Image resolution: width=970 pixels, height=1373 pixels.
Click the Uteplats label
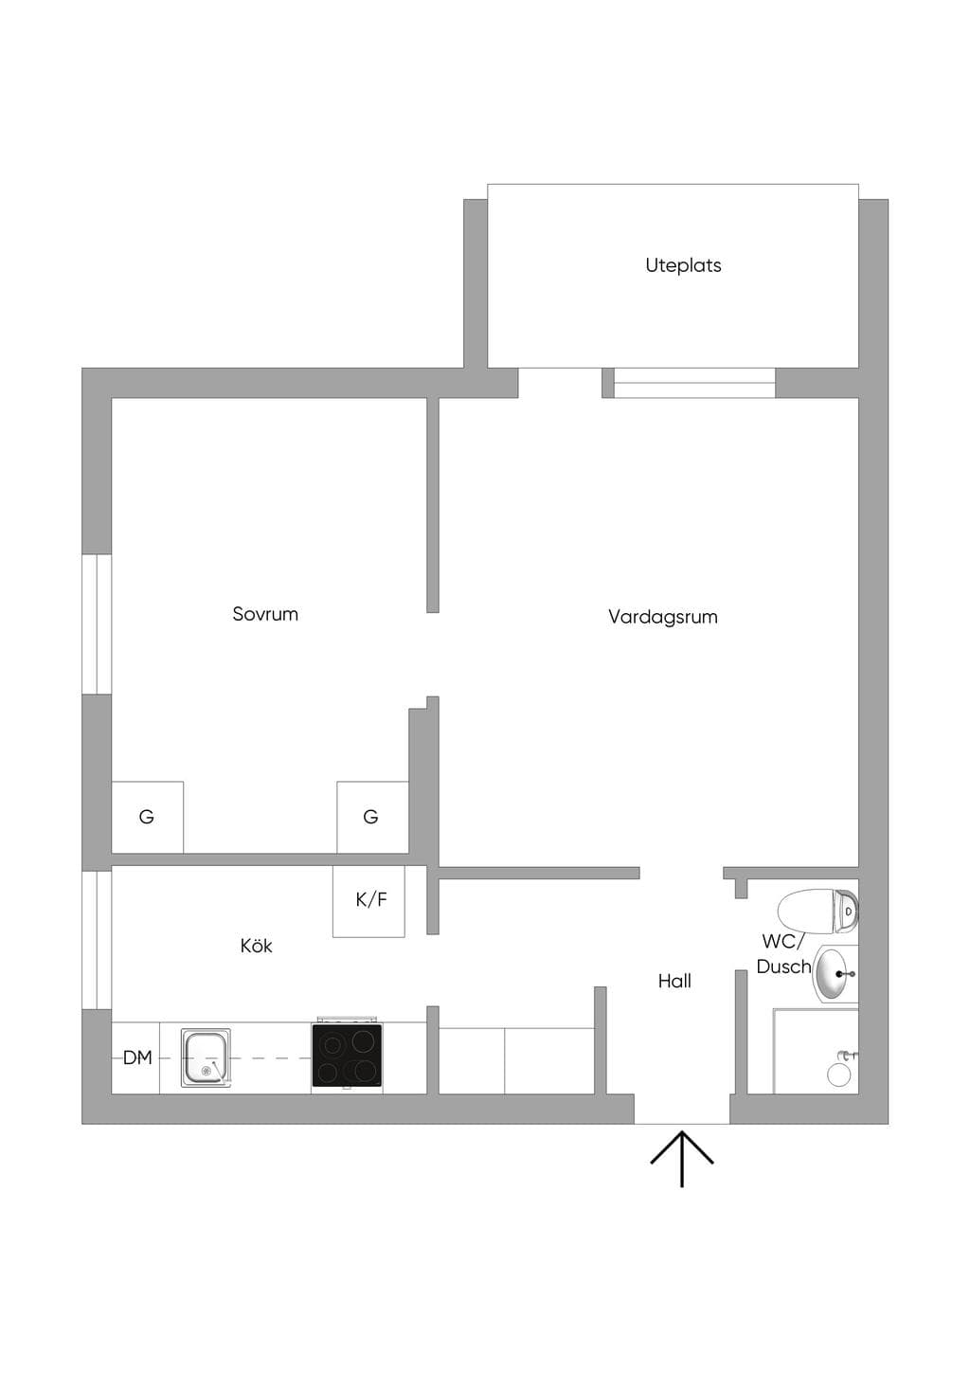[x=683, y=265]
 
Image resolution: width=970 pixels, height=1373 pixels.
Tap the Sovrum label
[x=265, y=614]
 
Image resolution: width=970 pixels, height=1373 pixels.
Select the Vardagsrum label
[x=663, y=617]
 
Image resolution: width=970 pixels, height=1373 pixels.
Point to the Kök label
[x=256, y=945]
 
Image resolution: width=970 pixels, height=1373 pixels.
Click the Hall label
[x=674, y=981]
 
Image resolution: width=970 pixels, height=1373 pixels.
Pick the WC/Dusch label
[x=783, y=954]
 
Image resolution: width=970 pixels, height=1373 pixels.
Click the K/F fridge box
[x=368, y=901]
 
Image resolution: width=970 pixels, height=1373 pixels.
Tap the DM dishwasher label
[x=137, y=1057]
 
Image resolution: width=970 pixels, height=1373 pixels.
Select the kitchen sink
[x=206, y=1058]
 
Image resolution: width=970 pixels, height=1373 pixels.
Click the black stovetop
[x=347, y=1056]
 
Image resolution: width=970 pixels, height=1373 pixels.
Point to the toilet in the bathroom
[x=818, y=911]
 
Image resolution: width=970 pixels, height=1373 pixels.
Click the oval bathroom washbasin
[x=835, y=974]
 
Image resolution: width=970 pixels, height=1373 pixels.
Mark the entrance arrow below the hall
[x=682, y=1159]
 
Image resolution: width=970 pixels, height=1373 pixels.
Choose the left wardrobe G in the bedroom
[x=147, y=817]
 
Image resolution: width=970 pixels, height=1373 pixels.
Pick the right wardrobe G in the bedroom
[x=372, y=817]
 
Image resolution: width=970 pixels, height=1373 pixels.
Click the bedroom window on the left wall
[x=97, y=624]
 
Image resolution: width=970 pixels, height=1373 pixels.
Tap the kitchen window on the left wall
[x=97, y=940]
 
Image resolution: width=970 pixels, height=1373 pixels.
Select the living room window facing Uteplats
[x=694, y=383]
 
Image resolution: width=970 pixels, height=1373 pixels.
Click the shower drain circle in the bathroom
[x=837, y=1075]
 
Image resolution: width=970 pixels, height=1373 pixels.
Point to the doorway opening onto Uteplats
[x=560, y=383]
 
